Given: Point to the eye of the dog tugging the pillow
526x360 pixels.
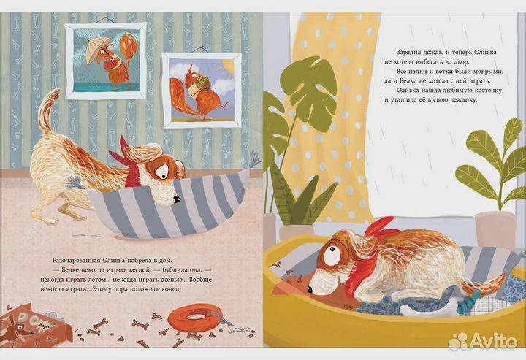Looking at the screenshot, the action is tap(163, 172).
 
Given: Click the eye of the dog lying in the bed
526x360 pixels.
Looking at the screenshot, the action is tap(333, 255).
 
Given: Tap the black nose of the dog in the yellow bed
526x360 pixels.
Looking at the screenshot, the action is tap(310, 289).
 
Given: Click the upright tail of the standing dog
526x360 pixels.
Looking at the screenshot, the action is tap(48, 110).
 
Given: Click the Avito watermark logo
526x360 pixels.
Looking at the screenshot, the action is tap(483, 341).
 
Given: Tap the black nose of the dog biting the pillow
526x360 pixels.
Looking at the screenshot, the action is tap(176, 200).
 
